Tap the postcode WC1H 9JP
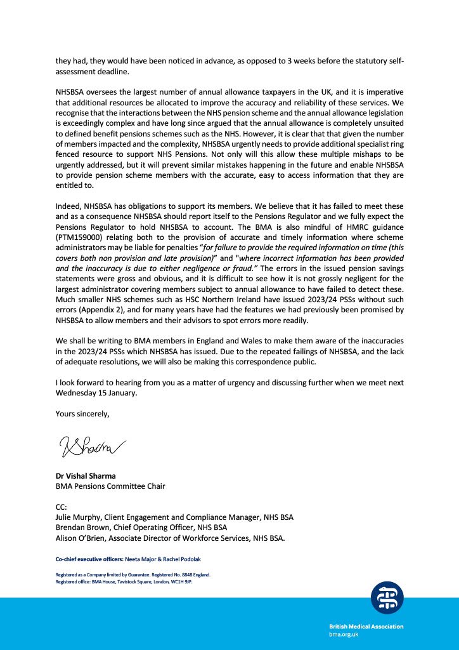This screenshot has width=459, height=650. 179,580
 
